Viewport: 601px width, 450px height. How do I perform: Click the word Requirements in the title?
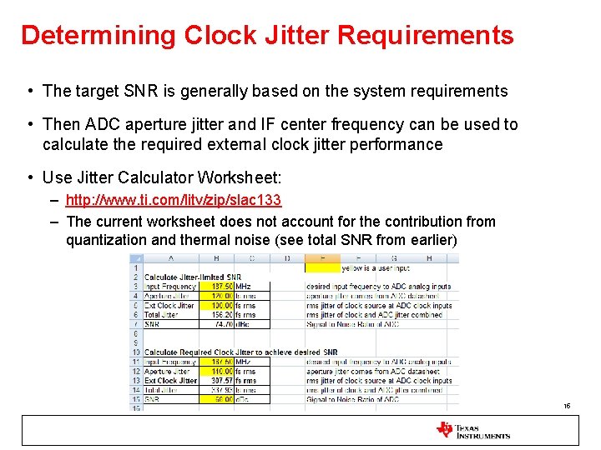(432, 35)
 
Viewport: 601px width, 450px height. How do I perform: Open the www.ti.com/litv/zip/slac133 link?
(174, 201)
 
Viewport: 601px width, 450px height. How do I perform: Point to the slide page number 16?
(566, 407)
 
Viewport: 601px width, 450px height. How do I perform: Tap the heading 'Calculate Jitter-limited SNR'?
(192, 277)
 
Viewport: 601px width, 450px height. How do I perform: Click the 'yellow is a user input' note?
(376, 268)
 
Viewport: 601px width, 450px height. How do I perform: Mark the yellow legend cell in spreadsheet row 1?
(323, 268)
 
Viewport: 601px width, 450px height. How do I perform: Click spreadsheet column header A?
(171, 258)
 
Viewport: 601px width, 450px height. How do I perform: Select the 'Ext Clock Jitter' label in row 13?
(171, 381)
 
